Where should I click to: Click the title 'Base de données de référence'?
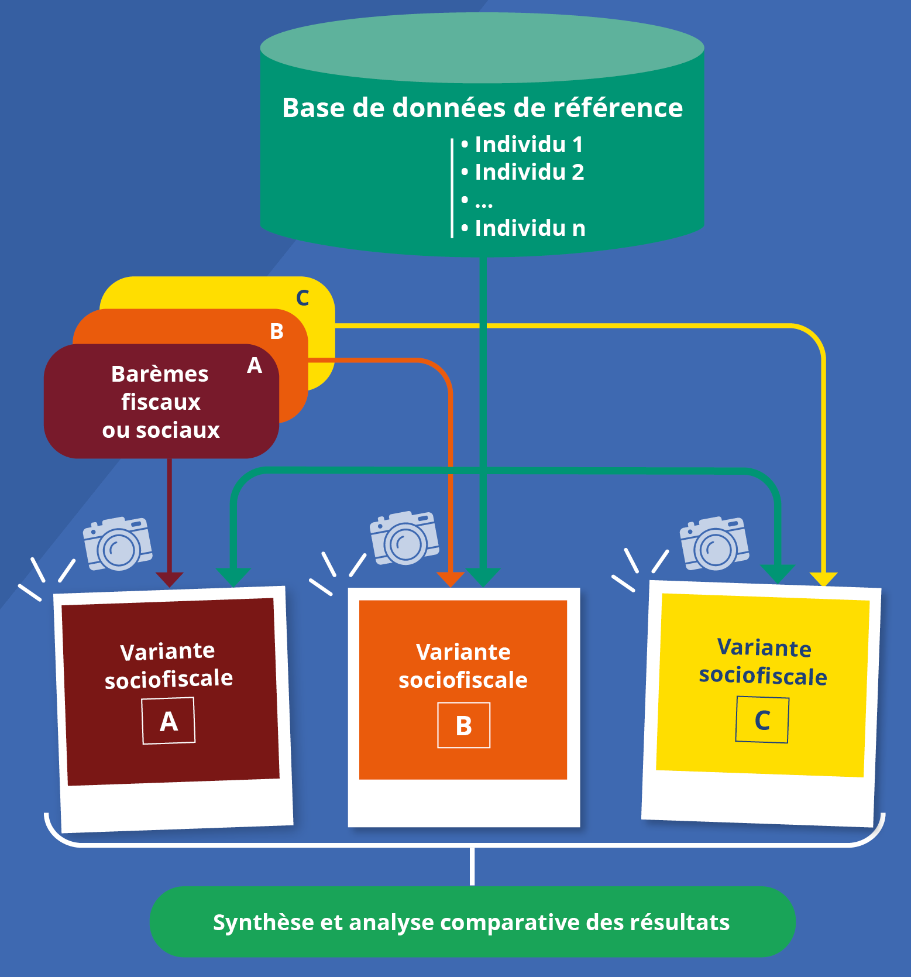(x=482, y=108)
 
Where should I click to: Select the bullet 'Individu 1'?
(x=522, y=144)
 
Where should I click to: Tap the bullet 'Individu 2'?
(x=522, y=172)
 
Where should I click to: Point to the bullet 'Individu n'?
(x=523, y=228)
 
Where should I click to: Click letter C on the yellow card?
(x=302, y=298)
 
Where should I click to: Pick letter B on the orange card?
(x=277, y=331)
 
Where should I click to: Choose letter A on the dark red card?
(x=255, y=365)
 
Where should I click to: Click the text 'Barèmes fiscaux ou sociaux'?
(x=161, y=402)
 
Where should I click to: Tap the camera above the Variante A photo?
(x=118, y=543)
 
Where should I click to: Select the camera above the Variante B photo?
(x=404, y=538)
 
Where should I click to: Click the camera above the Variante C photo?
(x=714, y=543)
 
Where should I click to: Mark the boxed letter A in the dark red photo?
(x=169, y=721)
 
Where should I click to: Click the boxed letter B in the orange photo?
(x=464, y=725)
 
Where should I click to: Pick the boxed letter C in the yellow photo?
(x=762, y=719)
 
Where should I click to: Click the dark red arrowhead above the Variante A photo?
(x=169, y=580)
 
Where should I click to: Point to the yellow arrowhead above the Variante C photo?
(x=823, y=580)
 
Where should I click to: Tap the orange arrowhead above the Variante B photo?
(x=451, y=580)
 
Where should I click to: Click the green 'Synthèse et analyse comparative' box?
(x=472, y=922)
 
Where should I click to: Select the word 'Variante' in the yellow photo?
(x=764, y=647)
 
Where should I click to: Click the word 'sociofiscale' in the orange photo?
(x=463, y=680)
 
